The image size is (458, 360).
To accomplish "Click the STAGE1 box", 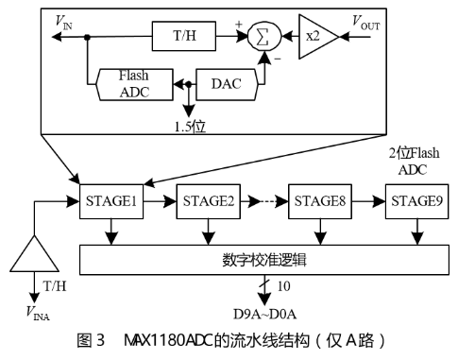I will [x=113, y=200].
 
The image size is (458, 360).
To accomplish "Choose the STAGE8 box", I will [x=320, y=200].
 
